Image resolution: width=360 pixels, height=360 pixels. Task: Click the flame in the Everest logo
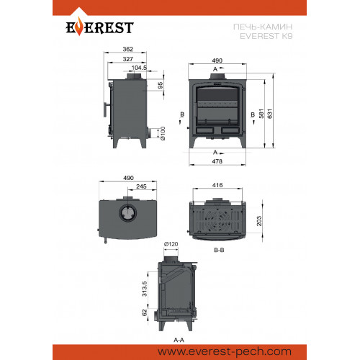pos(78,27)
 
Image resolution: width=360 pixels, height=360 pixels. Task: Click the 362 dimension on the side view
pos(127,49)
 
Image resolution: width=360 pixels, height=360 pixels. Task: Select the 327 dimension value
pos(127,59)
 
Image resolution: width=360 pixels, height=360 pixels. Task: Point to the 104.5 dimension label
pos(139,68)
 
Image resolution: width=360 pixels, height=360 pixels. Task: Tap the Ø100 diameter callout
pos(163,133)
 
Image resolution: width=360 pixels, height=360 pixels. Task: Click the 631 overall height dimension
pos(270,114)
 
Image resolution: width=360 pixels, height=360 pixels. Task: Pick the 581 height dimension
pos(261,114)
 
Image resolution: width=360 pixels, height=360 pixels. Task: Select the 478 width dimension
pos(217,161)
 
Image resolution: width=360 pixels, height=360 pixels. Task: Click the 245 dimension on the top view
pos(141,186)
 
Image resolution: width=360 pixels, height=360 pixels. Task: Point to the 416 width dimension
pos(217,185)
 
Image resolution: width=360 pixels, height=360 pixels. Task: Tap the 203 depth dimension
pos(259,221)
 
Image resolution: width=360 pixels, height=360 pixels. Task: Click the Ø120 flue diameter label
pos(171,244)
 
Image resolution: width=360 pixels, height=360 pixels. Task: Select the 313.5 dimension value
pos(145,289)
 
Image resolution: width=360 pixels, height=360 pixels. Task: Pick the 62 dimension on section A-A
pos(145,312)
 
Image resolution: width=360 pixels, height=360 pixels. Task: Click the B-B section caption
pos(219,250)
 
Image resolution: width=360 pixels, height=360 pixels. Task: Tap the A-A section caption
pos(179,340)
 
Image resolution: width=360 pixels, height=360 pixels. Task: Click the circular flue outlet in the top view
pos(127,213)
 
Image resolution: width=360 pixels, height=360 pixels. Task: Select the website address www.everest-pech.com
pos(225,352)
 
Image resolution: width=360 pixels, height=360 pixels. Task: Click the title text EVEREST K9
pos(266,36)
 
